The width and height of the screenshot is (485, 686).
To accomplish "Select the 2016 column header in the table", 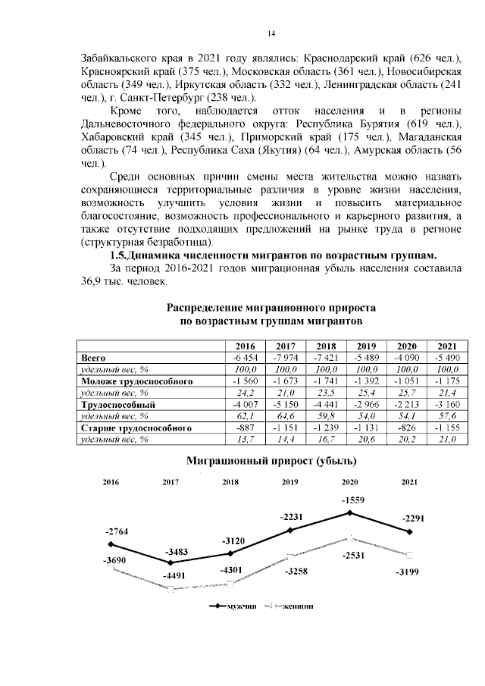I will (x=244, y=345).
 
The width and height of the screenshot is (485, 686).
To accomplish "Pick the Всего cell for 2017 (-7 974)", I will (x=285, y=357).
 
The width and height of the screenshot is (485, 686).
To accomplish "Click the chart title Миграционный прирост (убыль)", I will (x=271, y=460).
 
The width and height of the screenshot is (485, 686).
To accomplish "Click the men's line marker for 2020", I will (x=350, y=513).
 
